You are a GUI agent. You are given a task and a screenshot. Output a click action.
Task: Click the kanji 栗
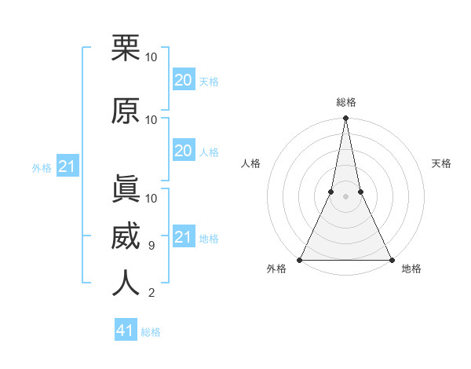[x=126, y=48]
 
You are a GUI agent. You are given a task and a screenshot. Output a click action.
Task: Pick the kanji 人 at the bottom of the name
[x=126, y=283]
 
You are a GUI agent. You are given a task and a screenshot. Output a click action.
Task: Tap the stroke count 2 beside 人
[x=151, y=294]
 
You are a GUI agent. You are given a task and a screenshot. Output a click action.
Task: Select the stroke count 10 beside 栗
[x=152, y=57]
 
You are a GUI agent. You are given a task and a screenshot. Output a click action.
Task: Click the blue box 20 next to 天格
[x=183, y=80]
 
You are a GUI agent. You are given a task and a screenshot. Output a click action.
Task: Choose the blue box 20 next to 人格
[x=183, y=151]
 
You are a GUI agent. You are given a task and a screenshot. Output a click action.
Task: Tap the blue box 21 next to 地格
[x=183, y=237]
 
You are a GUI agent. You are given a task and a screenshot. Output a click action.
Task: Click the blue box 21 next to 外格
[x=67, y=167]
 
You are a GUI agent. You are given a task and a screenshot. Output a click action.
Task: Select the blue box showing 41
[x=126, y=331]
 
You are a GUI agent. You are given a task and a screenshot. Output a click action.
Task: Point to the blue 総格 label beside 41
[x=151, y=332]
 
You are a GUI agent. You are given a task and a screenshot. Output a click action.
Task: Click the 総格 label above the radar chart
[x=345, y=102]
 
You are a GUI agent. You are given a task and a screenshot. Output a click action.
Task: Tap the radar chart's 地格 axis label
[x=411, y=269]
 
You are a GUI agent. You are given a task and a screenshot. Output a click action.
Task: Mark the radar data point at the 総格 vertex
[x=345, y=119]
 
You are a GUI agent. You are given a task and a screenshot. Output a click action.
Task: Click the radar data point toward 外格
[x=300, y=260]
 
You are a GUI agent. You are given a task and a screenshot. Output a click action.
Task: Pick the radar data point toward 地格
[x=391, y=260]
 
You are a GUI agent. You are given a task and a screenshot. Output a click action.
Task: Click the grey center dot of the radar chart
[x=345, y=197]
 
